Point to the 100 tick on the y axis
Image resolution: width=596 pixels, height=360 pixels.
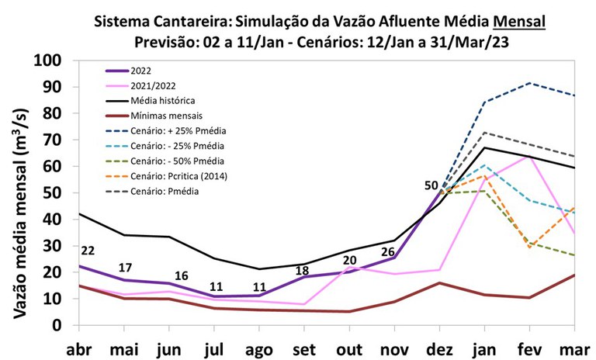(x=48, y=62)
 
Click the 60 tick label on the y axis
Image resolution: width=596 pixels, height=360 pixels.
(x=53, y=168)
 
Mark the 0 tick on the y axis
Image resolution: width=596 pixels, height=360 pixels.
(x=57, y=325)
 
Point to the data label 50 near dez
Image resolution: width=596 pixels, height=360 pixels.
(x=431, y=186)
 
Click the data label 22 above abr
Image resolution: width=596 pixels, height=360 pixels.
(x=87, y=251)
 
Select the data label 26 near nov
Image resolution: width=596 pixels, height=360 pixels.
(x=389, y=252)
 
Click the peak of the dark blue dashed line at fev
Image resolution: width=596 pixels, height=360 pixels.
(x=529, y=83)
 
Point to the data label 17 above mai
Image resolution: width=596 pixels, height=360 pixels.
(x=125, y=268)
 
